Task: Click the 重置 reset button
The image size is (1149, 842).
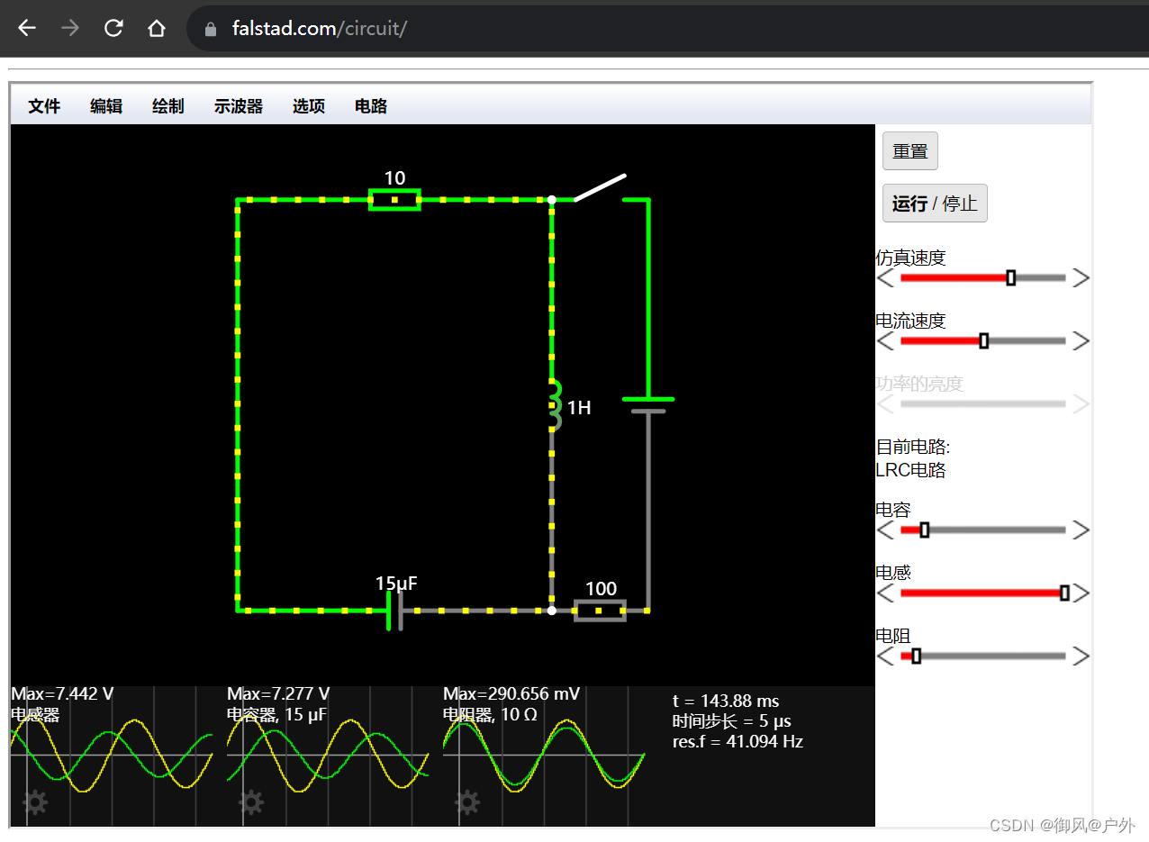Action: click(x=909, y=151)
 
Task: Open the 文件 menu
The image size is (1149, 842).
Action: click(x=44, y=106)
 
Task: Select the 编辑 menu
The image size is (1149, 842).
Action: click(x=106, y=106)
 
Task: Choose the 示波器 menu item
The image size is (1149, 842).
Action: click(x=239, y=106)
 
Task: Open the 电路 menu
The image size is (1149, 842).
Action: click(x=371, y=106)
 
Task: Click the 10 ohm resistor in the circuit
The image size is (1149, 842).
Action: click(x=394, y=199)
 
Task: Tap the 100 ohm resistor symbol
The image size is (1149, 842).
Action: click(x=600, y=611)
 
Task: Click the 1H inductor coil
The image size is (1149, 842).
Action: click(x=554, y=404)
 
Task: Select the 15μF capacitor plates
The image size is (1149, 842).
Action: click(x=394, y=611)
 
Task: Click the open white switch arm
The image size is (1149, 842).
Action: click(x=601, y=187)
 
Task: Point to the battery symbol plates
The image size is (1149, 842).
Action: click(x=647, y=405)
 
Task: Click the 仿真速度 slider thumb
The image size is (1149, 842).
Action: click(x=1010, y=278)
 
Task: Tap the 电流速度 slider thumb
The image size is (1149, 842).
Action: click(x=983, y=341)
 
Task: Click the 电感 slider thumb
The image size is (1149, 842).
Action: click(x=1064, y=593)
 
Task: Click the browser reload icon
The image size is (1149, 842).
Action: click(x=113, y=28)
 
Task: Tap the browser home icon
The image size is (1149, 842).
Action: click(x=157, y=28)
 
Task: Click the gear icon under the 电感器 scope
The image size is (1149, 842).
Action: click(x=35, y=801)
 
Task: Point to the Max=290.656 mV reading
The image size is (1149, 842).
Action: click(x=511, y=694)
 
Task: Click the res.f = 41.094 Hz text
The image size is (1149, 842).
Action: click(x=737, y=742)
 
